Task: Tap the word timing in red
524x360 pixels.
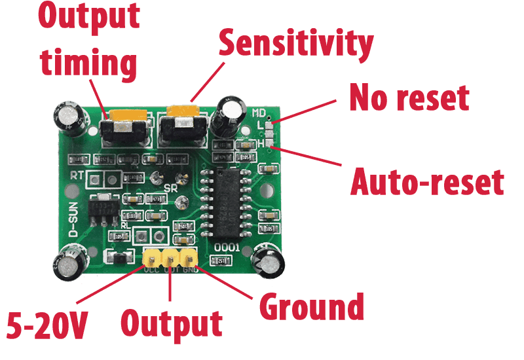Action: pos(87,64)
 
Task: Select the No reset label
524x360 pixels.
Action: pos(409,98)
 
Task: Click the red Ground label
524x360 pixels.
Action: pos(312,306)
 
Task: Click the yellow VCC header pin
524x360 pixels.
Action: pos(152,257)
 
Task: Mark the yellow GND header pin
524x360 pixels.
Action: pos(189,257)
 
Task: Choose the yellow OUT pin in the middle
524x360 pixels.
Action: pos(170,257)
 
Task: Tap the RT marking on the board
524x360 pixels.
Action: pos(77,175)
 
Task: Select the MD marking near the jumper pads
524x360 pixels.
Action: pos(260,113)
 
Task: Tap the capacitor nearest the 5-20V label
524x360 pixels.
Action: pos(68,261)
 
